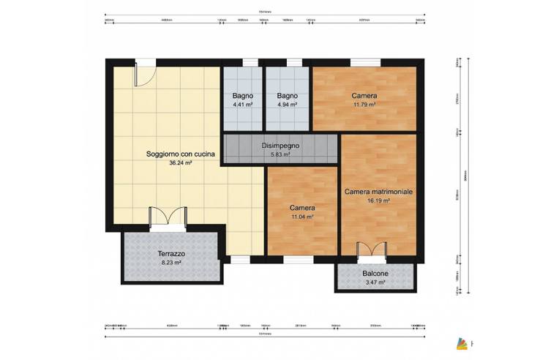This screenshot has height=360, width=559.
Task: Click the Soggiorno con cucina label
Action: point(179,154)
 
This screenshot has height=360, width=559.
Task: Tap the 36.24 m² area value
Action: point(180,163)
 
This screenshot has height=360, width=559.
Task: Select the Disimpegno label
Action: point(280,146)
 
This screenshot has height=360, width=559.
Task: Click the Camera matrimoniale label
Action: point(378,191)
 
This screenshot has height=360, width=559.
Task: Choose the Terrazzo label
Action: point(172,253)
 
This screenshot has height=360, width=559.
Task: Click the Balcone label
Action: point(375,274)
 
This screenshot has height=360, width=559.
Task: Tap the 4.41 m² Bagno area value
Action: point(243,105)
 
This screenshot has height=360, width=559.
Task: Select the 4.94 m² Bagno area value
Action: point(287,105)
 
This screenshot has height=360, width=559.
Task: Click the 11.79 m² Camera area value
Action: point(364,105)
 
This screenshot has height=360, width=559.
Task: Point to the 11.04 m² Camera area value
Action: point(302,217)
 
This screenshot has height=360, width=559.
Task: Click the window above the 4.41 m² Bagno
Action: point(250,62)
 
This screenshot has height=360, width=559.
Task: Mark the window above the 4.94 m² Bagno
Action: point(294,62)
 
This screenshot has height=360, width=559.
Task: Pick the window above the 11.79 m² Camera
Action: point(360,62)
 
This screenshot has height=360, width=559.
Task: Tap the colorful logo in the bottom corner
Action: point(461,342)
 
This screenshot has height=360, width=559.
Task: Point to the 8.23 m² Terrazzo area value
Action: point(172,263)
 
